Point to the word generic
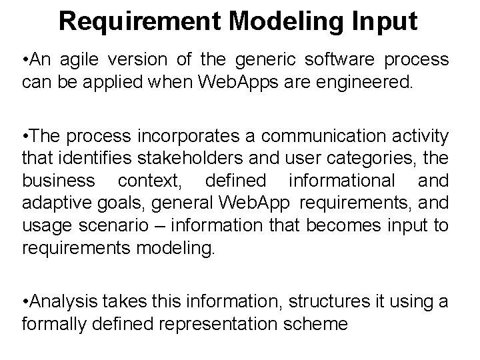(260, 59)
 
